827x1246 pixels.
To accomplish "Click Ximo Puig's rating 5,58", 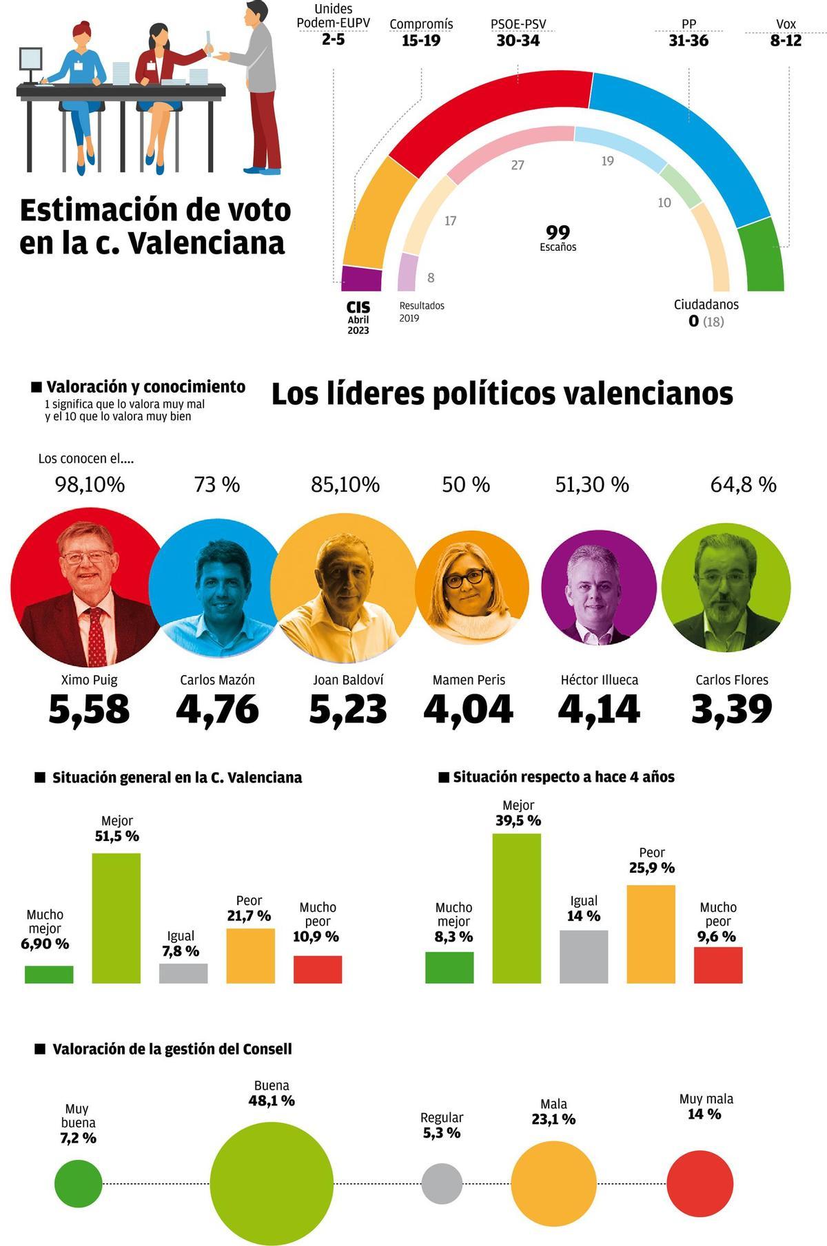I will [89, 709].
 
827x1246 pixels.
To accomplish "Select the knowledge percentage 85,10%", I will [345, 485].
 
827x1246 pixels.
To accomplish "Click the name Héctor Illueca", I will [599, 680].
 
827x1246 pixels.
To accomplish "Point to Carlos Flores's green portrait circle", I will [726, 588].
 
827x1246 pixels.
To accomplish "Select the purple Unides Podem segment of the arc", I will [361, 279].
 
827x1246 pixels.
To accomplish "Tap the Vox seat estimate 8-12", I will [786, 41].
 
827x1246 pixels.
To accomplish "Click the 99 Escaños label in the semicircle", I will [558, 237].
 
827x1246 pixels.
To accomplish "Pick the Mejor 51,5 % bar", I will [116, 917].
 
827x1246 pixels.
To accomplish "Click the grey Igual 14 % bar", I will [584, 956].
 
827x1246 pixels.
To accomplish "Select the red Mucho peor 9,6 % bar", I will [717, 964].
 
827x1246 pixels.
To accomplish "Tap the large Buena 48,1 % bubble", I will [271, 1183].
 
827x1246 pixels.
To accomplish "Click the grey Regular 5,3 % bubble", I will [442, 1183].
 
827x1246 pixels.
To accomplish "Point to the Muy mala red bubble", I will [700, 1183].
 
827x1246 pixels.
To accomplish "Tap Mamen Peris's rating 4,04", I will [468, 709].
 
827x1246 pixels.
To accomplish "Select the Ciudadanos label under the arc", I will [706, 304].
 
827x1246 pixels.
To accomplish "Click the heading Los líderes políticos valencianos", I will [502, 394].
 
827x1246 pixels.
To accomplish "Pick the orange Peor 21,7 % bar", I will [250, 955].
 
